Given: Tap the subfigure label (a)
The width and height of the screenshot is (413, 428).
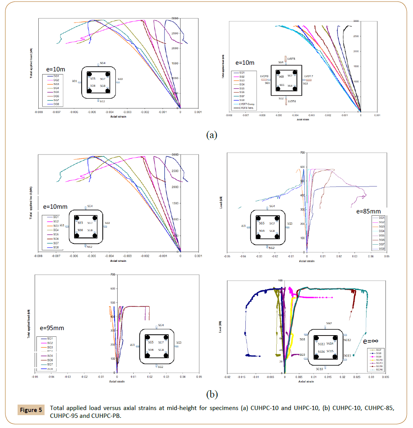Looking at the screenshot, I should (x=211, y=135).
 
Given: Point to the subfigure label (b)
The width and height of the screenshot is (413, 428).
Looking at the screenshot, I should (x=211, y=394).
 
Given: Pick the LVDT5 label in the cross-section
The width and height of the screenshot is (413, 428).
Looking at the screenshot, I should (x=291, y=59).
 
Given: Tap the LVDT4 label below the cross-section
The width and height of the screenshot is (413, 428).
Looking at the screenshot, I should (x=291, y=101).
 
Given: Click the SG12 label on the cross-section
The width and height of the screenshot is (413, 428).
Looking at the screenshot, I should (x=347, y=340).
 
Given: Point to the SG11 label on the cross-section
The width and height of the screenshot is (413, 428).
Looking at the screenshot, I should (x=347, y=355).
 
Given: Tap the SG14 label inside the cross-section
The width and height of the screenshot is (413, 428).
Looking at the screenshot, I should (x=330, y=344).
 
